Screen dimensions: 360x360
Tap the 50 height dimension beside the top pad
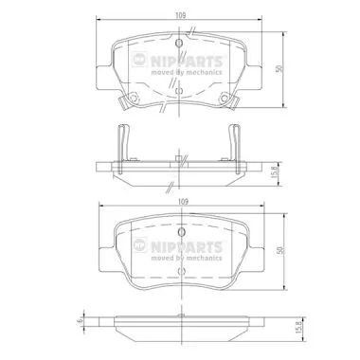(279, 69)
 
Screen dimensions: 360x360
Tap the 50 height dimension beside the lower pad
(280, 250)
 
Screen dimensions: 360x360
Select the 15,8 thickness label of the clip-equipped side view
(274, 173)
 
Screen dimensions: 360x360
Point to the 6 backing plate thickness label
(81, 320)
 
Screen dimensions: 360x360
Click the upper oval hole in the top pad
(179, 43)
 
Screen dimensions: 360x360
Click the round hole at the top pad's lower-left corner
(134, 98)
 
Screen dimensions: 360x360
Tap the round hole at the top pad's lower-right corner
(225, 98)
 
